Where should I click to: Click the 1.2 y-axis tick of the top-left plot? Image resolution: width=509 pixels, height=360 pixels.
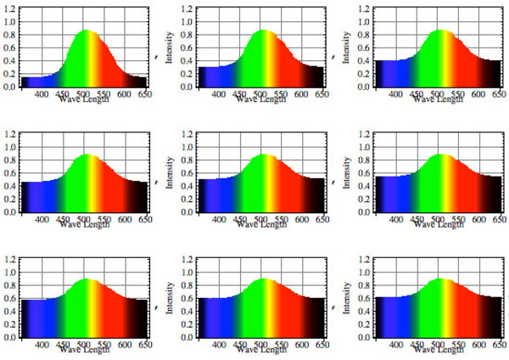click(x=8, y=9)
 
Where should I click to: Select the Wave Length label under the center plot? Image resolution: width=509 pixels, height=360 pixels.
click(x=264, y=224)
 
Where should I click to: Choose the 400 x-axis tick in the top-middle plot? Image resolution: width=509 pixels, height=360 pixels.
click(x=218, y=93)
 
